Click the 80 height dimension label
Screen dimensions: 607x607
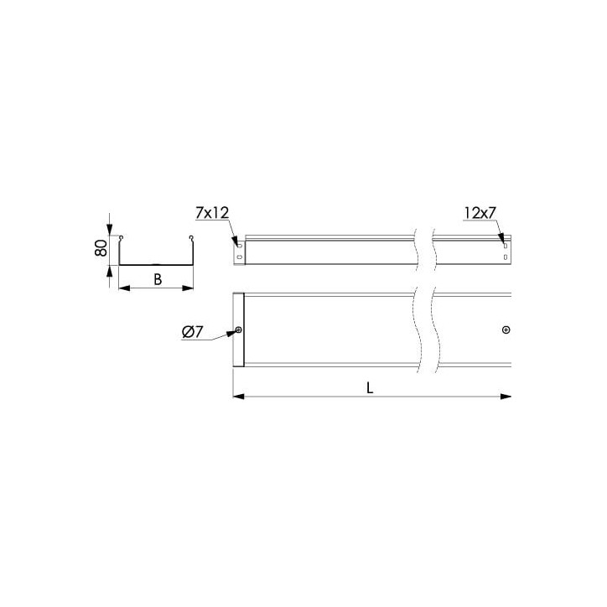pyautogui.click(x=101, y=248)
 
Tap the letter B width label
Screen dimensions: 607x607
pyautogui.click(x=158, y=279)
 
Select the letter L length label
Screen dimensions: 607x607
pyautogui.click(x=370, y=387)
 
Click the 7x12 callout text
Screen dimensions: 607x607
pyautogui.click(x=212, y=212)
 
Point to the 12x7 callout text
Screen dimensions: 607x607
pyautogui.click(x=480, y=212)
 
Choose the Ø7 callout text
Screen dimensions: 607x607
pyautogui.click(x=192, y=332)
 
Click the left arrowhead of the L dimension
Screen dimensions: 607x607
pyautogui.click(x=238, y=397)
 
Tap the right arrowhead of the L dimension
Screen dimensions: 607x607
pyautogui.click(x=506, y=397)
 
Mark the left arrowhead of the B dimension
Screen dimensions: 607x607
pyautogui.click(x=124, y=288)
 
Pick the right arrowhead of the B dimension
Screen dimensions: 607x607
pyautogui.click(x=188, y=288)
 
